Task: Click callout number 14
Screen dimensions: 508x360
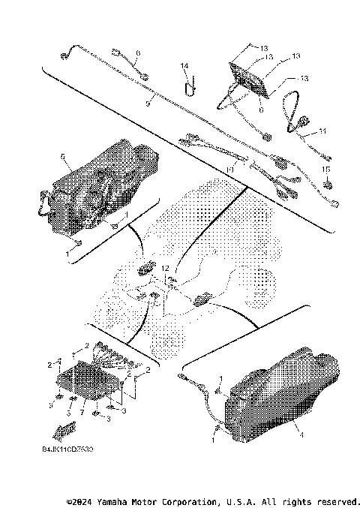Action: pyautogui.click(x=184, y=66)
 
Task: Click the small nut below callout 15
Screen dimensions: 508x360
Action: pyautogui.click(x=326, y=182)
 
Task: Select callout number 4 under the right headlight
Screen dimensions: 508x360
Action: pyautogui.click(x=301, y=434)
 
